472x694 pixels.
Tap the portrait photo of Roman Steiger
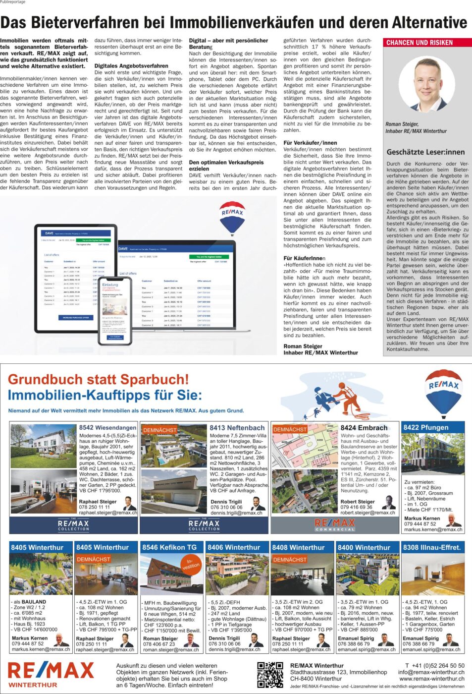pyautogui.click(x=426, y=85)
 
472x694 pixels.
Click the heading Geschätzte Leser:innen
pyautogui.click(x=425, y=152)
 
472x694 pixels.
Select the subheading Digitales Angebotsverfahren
pyautogui.click(x=131, y=65)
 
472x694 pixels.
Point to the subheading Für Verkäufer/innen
pyautogui.click(x=310, y=143)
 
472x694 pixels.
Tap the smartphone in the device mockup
pyautogui.click(x=115, y=311)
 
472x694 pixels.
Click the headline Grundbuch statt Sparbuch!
pyautogui.click(x=98, y=379)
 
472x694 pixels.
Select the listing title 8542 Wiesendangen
pyautogui.click(x=107, y=427)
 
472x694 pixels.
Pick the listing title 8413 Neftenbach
pyautogui.click(x=237, y=427)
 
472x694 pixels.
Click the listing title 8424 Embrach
pyautogui.click(x=364, y=427)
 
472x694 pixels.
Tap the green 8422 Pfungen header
pyautogui.click(x=432, y=427)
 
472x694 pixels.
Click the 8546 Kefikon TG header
pyautogui.click(x=169, y=547)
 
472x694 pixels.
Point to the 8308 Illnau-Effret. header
pyautogui.click(x=432, y=547)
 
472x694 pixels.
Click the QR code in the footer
pyautogui.click(x=270, y=675)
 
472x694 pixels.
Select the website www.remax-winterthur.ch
pyautogui.click(x=432, y=679)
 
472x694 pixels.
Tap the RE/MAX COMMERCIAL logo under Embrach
pyautogui.click(x=335, y=524)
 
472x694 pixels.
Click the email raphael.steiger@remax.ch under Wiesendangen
pyautogui.click(x=108, y=513)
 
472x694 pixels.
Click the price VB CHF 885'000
pyautogui.click(x=359, y=630)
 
